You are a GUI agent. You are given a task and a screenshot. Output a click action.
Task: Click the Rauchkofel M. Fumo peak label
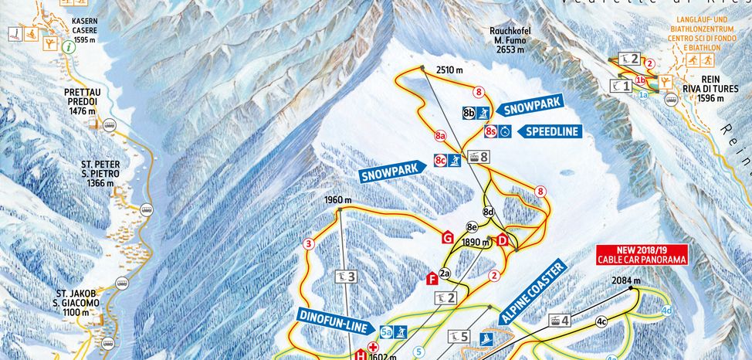click(x=506, y=40)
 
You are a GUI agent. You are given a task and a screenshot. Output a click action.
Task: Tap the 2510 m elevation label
click(x=449, y=70)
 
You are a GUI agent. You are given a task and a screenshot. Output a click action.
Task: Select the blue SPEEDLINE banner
click(x=551, y=131)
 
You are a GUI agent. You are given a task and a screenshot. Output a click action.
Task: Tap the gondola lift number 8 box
click(x=480, y=158)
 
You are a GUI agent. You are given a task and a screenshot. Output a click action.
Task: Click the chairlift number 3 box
click(x=347, y=276)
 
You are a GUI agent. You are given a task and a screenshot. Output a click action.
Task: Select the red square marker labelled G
click(x=446, y=238)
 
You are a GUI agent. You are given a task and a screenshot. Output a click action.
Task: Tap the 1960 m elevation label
click(x=338, y=200)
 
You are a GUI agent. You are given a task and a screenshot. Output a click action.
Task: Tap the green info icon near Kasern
click(x=70, y=47)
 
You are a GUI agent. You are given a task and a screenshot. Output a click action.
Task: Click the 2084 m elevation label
click(x=626, y=280)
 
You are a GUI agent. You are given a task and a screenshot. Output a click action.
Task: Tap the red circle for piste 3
click(x=309, y=245)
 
